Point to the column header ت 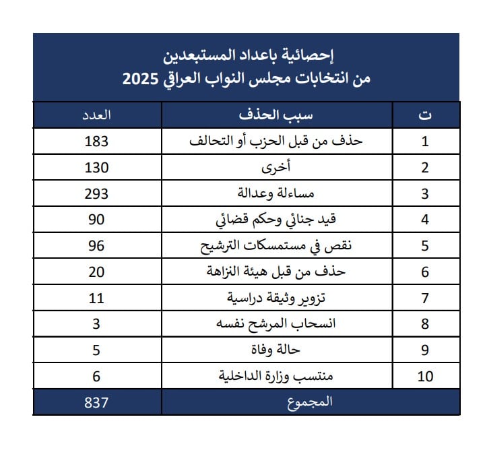(425, 115)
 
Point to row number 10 (425, 376)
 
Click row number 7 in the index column (425, 298)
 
